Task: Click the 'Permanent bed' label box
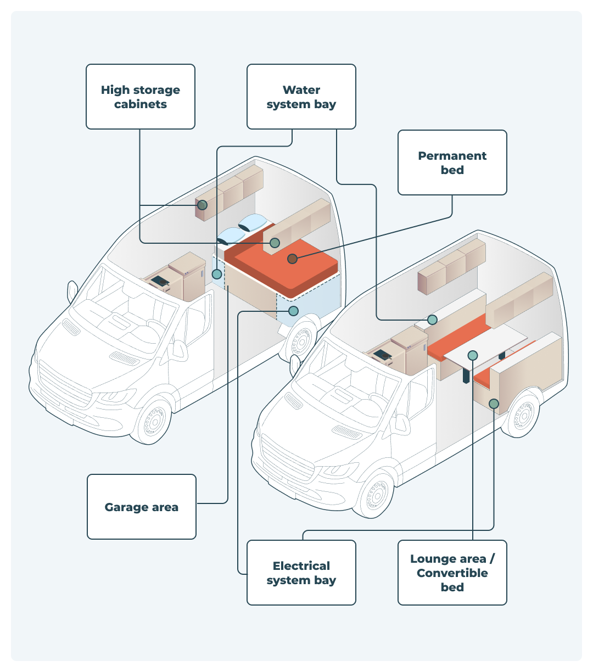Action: tap(452, 163)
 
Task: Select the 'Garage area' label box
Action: tap(141, 507)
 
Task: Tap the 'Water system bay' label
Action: tap(301, 97)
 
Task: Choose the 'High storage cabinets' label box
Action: tap(140, 97)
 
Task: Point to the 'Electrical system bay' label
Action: tap(301, 573)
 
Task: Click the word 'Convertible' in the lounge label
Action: tap(452, 573)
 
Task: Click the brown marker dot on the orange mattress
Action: tap(292, 258)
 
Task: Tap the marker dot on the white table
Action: tap(473, 355)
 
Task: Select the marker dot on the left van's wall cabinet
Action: tap(202, 205)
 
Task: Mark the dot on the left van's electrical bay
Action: tap(293, 311)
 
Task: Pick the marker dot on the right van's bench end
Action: tap(494, 404)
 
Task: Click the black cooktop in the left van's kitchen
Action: tap(160, 281)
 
